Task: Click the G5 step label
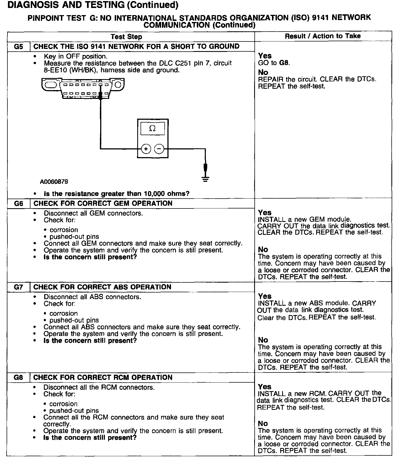point(18,46)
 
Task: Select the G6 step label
point(18,204)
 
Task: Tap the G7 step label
point(18,287)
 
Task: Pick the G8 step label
point(18,377)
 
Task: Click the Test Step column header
point(126,37)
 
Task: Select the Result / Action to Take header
point(322,36)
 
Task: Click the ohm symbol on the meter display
point(152,128)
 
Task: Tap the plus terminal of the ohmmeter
point(146,149)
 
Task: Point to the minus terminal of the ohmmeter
point(159,149)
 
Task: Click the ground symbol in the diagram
point(205,179)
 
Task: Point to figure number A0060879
point(54,182)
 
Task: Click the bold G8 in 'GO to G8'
point(284,63)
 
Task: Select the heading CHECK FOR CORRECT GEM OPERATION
point(103,204)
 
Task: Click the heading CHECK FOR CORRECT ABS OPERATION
point(102,287)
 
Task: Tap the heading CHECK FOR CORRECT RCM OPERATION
point(103,377)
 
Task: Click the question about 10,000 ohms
point(117,194)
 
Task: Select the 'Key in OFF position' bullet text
point(75,56)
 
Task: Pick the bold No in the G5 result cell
point(263,72)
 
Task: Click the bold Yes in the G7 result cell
point(265,296)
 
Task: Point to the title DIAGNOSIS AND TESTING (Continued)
point(93,5)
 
